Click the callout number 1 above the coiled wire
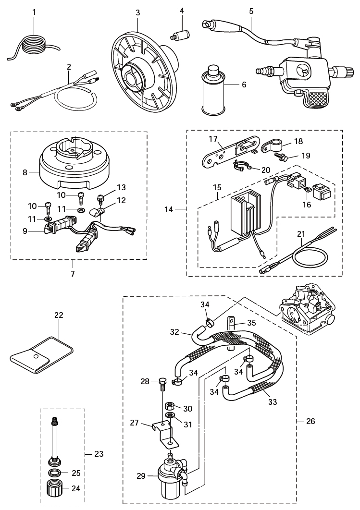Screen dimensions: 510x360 pyautogui.click(x=34, y=12)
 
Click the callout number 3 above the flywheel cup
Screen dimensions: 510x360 pyautogui.click(x=138, y=12)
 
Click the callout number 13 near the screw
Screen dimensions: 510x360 pyautogui.click(x=121, y=187)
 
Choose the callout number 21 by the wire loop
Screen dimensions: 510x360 pyautogui.click(x=301, y=234)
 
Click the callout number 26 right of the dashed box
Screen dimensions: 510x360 pyautogui.click(x=310, y=421)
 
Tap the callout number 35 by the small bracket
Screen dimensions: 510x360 pyautogui.click(x=251, y=323)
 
